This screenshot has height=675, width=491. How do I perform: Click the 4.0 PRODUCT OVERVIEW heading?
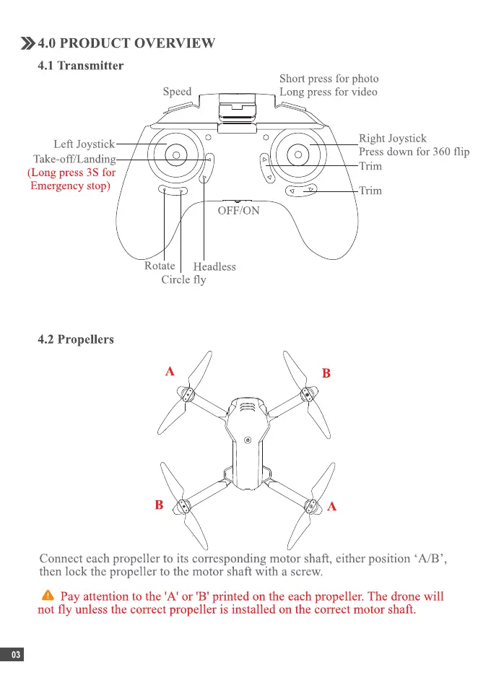point(126,43)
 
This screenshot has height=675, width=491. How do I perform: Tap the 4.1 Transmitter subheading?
point(80,66)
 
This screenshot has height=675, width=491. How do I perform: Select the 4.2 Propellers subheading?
point(75,339)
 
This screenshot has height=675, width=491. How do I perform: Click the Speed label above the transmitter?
point(177,92)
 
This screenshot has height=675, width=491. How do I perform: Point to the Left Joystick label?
point(84,145)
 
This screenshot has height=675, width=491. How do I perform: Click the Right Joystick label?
point(392,139)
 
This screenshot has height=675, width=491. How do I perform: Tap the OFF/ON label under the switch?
point(238,212)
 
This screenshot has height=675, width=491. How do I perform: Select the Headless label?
point(214,267)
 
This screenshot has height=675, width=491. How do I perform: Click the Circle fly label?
point(183,280)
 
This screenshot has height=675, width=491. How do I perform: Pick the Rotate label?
point(160,266)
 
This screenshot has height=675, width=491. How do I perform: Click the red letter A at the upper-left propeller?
point(170,372)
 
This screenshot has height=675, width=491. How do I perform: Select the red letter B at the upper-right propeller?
point(326,373)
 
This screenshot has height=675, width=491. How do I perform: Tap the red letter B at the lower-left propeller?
point(158,505)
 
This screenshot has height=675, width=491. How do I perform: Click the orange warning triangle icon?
point(48,596)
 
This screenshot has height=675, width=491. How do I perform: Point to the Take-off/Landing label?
point(74,160)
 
